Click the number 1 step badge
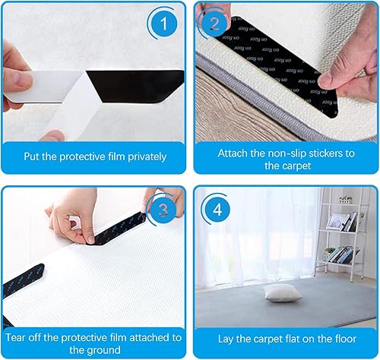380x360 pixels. pos(163,24)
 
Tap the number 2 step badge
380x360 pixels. pos(214,24)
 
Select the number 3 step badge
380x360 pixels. pos(163,210)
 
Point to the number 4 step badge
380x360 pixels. pos(217,210)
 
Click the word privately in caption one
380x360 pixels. pos(147,157)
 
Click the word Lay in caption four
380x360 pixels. pos(225,339)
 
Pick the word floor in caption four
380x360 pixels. pos(344,339)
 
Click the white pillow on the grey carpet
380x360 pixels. pos(282,292)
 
